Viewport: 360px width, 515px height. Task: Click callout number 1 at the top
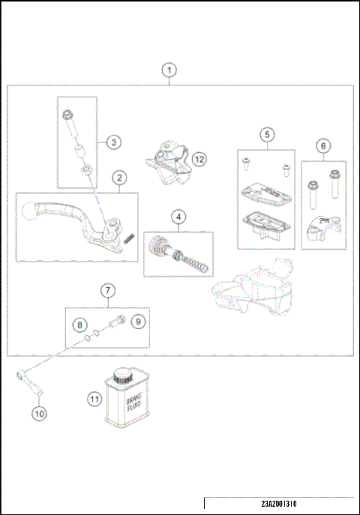pos(170,70)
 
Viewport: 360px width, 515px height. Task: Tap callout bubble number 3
pos(112,142)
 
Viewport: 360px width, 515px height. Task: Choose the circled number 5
pos(265,134)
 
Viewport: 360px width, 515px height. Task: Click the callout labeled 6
pos(323,145)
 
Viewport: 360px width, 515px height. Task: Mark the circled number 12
pos(198,159)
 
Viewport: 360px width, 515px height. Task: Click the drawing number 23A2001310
pos(281,504)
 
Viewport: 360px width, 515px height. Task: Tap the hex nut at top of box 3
pos(67,114)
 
